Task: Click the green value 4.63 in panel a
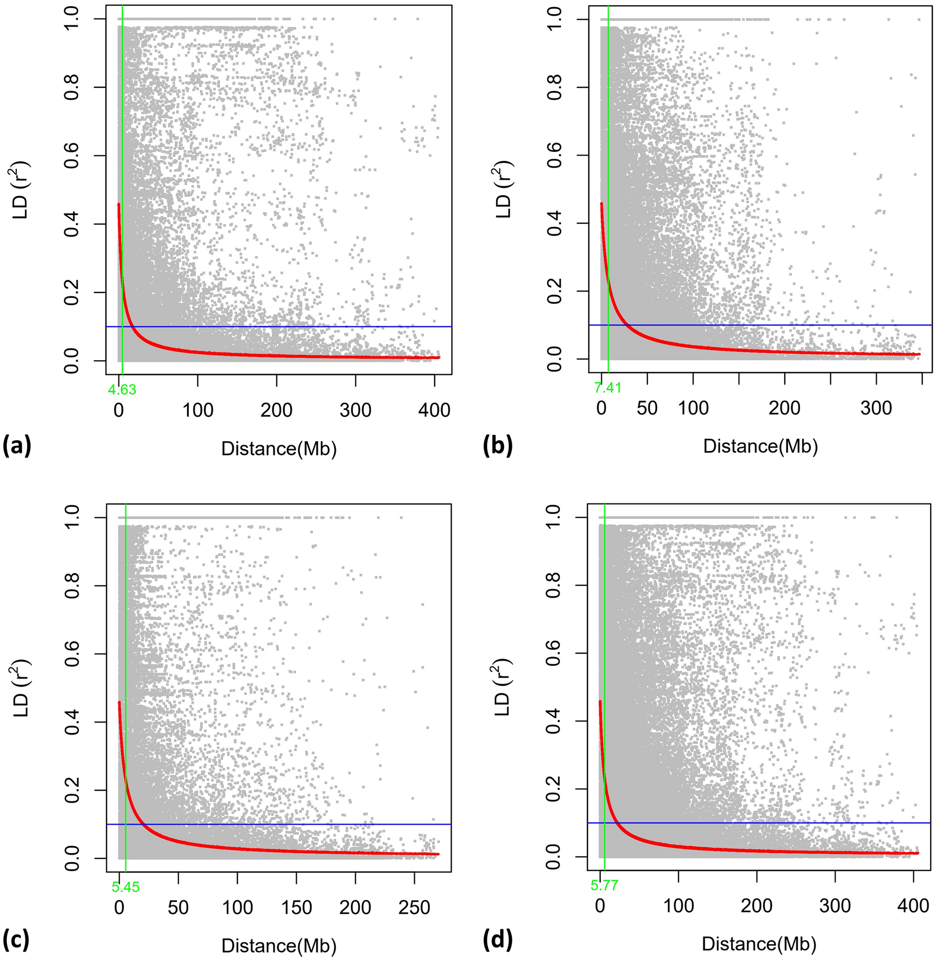122,390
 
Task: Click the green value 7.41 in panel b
608,388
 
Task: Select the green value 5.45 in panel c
126,887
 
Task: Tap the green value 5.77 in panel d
604,885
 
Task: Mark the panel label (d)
498,939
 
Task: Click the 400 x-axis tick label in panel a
434,410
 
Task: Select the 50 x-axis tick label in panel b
647,408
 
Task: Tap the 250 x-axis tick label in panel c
414,908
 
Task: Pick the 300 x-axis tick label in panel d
835,905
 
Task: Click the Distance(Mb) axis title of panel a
279,449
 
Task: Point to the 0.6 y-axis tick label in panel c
73,654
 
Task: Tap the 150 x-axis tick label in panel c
296,908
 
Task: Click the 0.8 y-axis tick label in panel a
73,87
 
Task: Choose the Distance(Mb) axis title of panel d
759,944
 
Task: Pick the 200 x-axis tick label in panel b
785,408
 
